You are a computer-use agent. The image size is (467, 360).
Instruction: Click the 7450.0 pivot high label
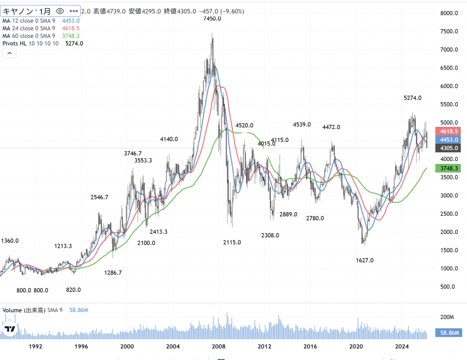click(213, 19)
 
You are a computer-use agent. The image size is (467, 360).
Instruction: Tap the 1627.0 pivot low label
click(364, 260)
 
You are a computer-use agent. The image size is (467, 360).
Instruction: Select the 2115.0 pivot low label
click(232, 242)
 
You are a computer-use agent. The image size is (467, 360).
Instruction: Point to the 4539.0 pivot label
click(301, 125)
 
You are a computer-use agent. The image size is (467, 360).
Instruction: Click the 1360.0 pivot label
click(10, 240)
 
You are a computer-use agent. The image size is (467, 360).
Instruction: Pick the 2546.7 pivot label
click(99, 198)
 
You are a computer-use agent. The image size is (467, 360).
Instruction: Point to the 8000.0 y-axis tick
click(448, 13)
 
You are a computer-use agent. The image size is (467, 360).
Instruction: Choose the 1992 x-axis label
click(36, 346)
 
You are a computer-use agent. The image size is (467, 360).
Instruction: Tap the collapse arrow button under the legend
click(10, 53)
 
